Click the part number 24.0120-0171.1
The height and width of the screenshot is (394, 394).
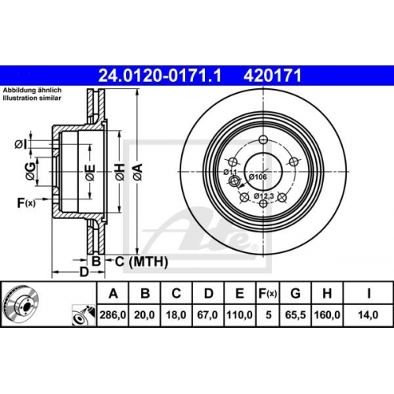[160, 76]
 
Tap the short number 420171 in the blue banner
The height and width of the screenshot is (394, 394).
[273, 76]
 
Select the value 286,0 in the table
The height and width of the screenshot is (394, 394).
[113, 314]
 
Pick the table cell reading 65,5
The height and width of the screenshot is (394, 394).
[295, 314]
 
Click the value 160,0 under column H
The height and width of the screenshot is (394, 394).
[327, 314]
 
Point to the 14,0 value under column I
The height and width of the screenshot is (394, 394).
[368, 314]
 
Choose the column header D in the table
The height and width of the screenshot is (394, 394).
[208, 293]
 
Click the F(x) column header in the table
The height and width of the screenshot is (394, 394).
[268, 293]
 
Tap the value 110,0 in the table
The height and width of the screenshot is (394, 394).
[240, 314]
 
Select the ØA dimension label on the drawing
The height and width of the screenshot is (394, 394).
[138, 172]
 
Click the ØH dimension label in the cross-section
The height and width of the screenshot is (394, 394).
[120, 172]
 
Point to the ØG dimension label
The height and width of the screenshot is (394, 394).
[31, 172]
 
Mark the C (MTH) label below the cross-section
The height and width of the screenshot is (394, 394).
[141, 262]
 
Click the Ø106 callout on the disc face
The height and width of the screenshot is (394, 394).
[258, 177]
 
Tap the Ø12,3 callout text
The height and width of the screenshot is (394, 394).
[264, 195]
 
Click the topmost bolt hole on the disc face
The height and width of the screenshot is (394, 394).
[263, 139]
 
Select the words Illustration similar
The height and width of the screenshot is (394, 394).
[32, 98]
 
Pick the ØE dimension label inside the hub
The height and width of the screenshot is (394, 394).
[90, 172]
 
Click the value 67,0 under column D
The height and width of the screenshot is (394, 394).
[207, 314]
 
